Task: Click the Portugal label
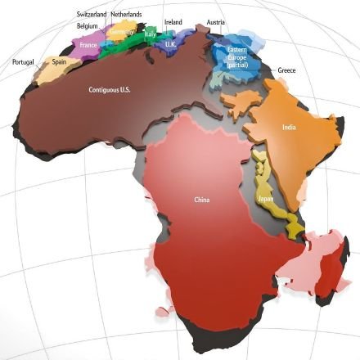(23, 62)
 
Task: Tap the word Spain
(59, 61)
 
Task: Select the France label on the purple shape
(88, 47)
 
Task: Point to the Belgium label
(86, 25)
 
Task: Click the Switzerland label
(91, 15)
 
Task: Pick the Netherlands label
(126, 15)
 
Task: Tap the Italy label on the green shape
(150, 36)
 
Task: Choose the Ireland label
(173, 22)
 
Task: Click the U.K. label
(170, 44)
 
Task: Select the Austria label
(215, 22)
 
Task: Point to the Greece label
(286, 70)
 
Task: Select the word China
(202, 200)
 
